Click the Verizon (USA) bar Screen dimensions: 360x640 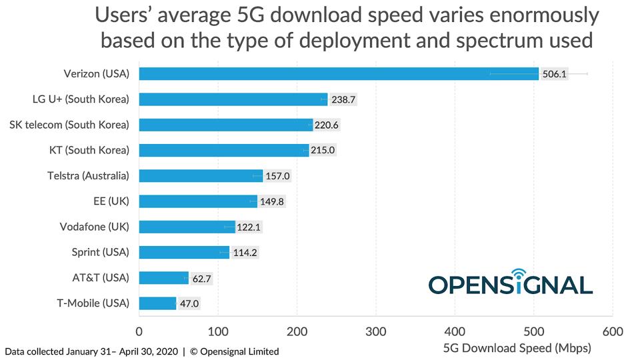click(339, 73)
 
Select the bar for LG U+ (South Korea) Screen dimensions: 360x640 click(233, 99)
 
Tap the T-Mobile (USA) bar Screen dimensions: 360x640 click(157, 303)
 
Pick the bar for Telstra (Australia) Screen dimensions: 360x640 click(201, 176)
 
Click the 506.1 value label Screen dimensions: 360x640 click(554, 74)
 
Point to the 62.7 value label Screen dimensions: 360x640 click(201, 278)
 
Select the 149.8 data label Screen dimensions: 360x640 click(271, 201)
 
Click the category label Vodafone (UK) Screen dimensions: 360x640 click(94, 227)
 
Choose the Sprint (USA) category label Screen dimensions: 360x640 click(100, 252)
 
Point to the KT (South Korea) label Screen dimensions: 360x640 click(89, 150)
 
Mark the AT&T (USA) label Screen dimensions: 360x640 click(101, 277)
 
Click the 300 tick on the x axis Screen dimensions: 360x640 click(376, 331)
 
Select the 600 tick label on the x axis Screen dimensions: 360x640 click(612, 331)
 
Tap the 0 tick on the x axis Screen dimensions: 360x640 click(139, 331)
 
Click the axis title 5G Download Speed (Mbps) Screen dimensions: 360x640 click(517, 348)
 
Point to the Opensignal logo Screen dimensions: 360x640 click(510, 283)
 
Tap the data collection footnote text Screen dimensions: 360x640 click(142, 351)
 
